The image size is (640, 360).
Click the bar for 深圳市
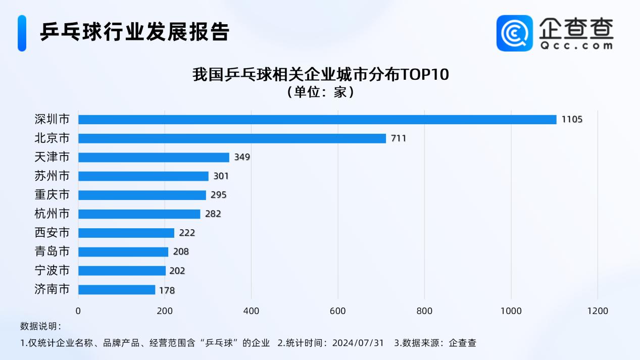317,120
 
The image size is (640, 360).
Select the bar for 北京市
232,138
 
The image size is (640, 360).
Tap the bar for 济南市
117,290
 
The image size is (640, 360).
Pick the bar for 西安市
126,233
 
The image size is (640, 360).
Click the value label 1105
572,120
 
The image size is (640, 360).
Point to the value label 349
242,157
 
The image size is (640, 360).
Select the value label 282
213,214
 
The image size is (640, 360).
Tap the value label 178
167,290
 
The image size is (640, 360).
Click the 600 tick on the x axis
337,311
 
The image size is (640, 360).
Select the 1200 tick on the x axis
598,311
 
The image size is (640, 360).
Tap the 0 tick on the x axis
78,311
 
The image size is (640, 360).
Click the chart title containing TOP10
320,75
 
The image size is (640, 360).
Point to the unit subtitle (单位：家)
320,92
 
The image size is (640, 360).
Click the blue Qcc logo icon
514,33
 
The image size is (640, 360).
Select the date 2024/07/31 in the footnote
358,343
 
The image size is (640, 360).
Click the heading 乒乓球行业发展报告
135,32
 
